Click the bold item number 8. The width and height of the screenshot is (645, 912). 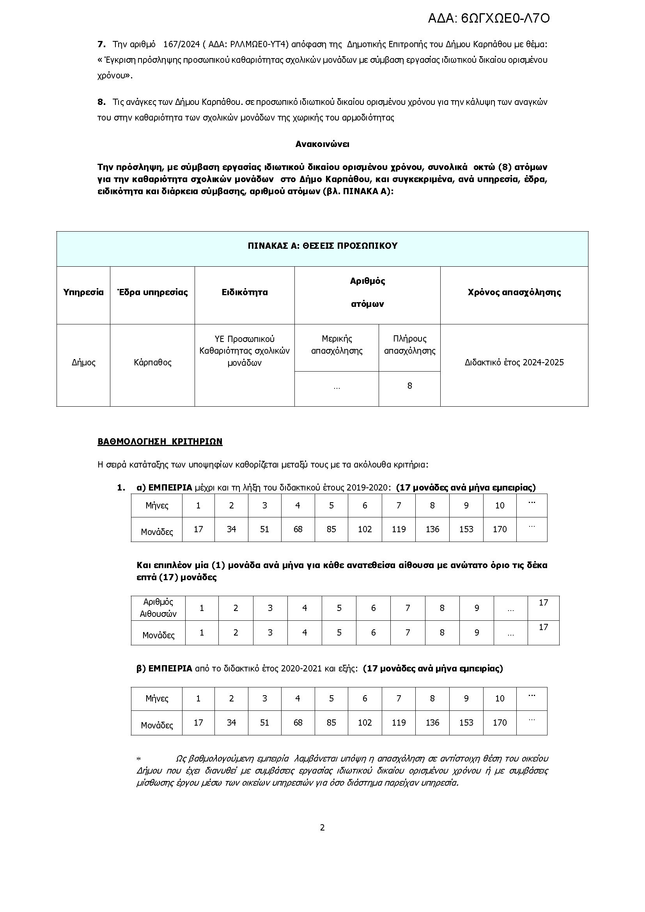(101, 102)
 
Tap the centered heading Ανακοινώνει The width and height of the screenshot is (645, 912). (322, 144)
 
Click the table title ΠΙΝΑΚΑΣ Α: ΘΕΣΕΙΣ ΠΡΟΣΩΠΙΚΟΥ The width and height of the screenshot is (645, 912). (322, 246)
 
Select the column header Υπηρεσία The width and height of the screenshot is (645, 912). (83, 292)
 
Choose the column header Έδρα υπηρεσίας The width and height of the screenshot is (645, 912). (152, 292)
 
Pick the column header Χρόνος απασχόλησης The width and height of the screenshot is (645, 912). (514, 292)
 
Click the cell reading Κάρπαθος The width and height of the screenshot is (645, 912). (152, 362)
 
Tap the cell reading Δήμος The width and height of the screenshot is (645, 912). (83, 362)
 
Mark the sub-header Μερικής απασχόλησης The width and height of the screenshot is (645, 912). (337, 344)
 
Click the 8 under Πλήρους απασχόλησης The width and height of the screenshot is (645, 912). (409, 385)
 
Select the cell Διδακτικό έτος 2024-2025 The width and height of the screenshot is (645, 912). (514, 362)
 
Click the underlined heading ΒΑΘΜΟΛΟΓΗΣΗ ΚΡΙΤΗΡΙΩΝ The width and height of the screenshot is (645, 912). (159, 441)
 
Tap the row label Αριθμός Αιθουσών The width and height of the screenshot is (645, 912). (158, 608)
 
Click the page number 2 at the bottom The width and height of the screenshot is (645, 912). (322, 827)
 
